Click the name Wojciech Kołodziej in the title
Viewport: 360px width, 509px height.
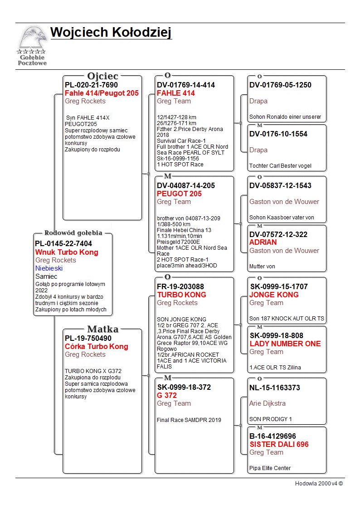[111, 33]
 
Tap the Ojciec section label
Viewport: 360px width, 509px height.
[102, 76]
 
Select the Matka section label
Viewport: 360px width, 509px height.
[102, 330]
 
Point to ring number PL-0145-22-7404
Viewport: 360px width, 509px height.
[63, 244]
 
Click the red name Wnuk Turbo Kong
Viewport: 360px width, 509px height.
[67, 252]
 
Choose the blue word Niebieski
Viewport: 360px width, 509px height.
[49, 268]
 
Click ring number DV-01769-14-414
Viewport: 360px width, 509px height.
[186, 85]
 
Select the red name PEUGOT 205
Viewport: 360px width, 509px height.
[179, 194]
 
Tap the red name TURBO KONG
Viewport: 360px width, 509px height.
[181, 295]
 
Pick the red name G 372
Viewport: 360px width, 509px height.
[167, 395]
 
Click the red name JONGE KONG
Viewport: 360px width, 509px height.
[274, 295]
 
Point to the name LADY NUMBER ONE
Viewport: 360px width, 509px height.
[285, 344]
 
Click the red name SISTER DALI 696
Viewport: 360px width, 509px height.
[279, 444]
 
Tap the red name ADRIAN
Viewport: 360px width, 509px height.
[263, 242]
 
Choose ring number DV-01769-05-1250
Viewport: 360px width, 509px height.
[280, 85]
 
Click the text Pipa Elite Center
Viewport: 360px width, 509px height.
[270, 468]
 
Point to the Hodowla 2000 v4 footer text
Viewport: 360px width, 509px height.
[319, 484]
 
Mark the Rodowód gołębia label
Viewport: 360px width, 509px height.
[73, 233]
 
